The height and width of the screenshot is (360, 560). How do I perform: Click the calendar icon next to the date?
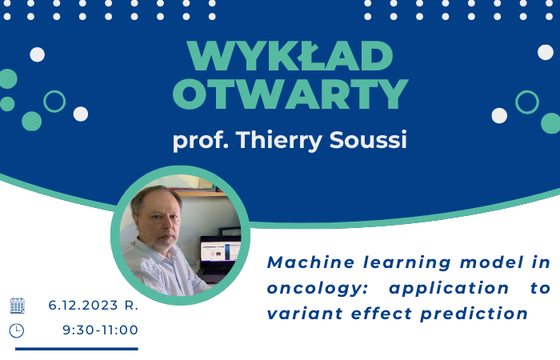click(x=17, y=305)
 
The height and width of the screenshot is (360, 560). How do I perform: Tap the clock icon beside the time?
click(x=17, y=330)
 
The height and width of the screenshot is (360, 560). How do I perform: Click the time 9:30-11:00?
click(x=100, y=330)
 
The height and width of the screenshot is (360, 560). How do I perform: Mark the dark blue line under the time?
click(x=77, y=348)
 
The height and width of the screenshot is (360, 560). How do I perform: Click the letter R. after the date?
click(x=132, y=305)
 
